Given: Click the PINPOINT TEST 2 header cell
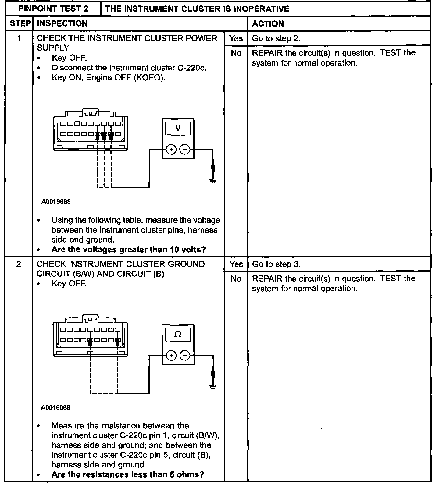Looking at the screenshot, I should point(53,9).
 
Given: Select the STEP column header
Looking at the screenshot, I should point(19,23).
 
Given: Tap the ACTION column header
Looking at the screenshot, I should point(268,23).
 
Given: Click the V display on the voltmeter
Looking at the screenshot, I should point(178,128).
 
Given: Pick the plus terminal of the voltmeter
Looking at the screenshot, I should point(171,150).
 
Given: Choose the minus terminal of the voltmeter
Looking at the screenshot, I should point(185,150).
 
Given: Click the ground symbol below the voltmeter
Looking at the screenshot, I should point(213,180).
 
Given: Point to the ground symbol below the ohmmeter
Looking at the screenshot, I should point(213,386).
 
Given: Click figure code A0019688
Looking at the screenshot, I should point(56,202).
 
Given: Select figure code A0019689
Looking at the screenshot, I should point(56,408).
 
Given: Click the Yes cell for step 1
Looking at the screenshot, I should point(236,38).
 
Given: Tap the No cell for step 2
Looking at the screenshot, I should point(236,279).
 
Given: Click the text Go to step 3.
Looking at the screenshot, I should point(276,264).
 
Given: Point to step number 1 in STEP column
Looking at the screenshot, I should point(19,38).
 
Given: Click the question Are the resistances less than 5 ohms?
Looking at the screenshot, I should point(127,474).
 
